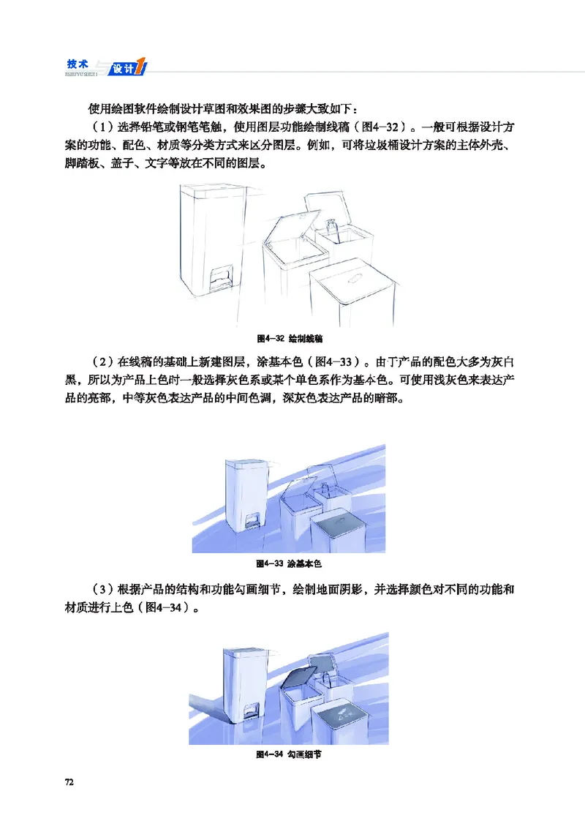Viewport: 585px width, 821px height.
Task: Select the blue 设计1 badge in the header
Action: [x=128, y=68]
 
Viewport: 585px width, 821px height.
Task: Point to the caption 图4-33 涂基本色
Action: [x=289, y=564]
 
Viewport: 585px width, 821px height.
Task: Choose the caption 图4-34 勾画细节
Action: [x=289, y=754]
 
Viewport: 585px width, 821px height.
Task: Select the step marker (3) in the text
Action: [x=95, y=589]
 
